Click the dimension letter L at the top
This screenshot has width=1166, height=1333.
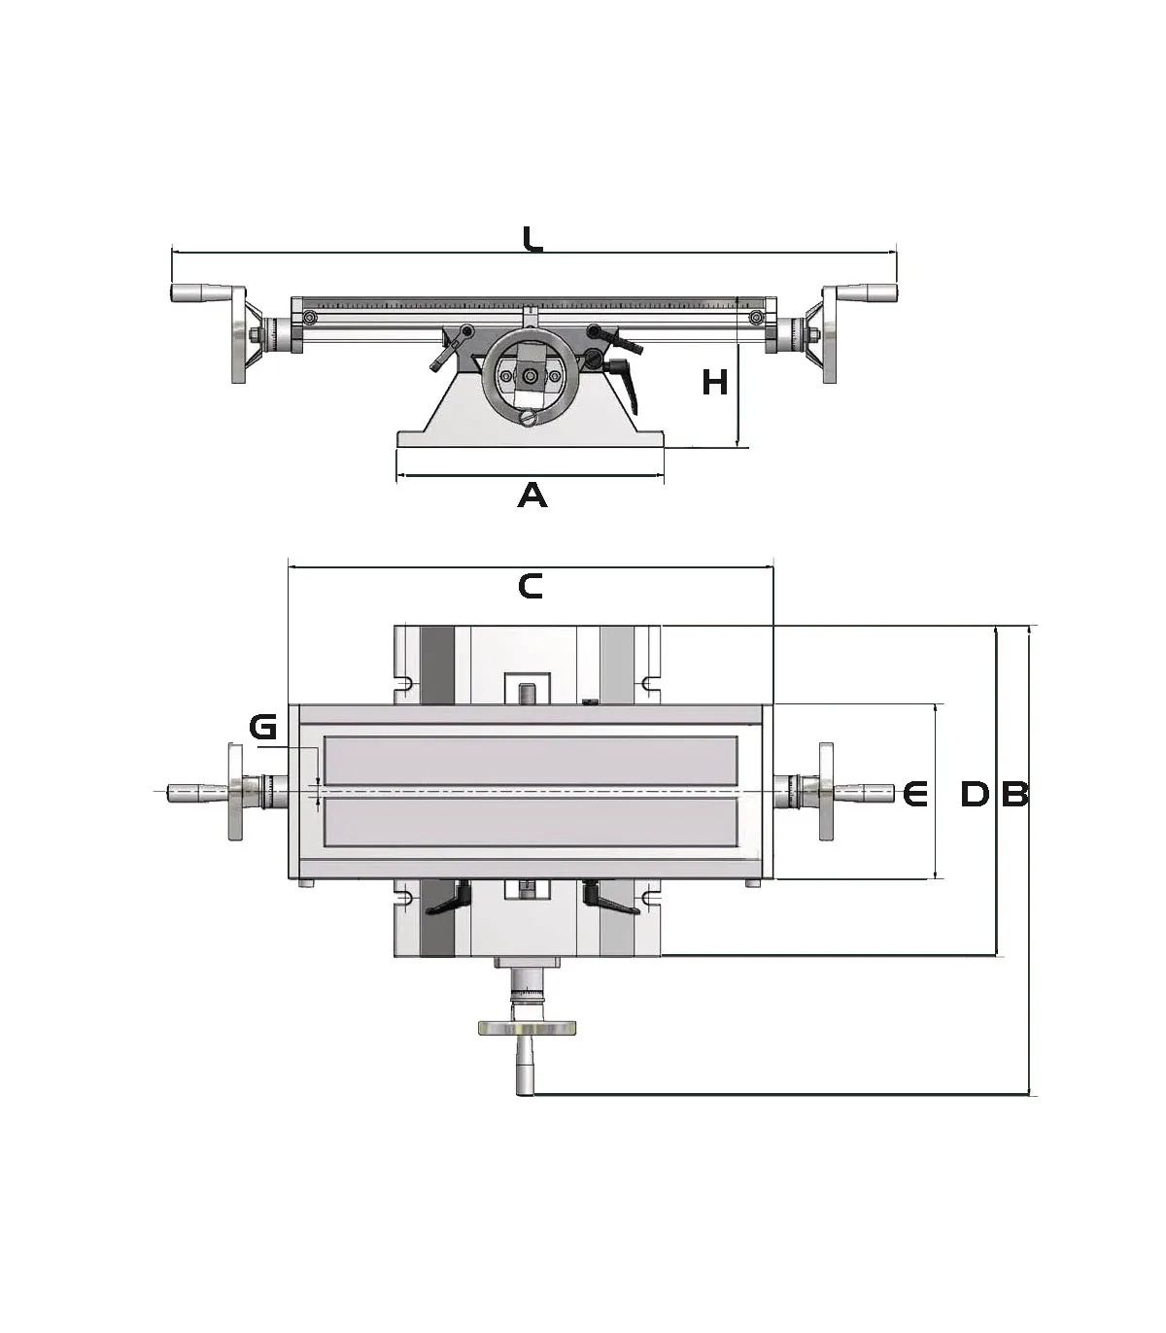click(x=532, y=239)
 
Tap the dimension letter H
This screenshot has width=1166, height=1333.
click(x=715, y=383)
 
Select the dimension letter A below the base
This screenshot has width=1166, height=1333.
click(x=532, y=496)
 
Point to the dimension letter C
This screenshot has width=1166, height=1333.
click(x=531, y=586)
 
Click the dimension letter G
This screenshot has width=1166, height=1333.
click(x=263, y=727)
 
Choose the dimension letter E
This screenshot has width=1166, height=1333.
click(x=915, y=795)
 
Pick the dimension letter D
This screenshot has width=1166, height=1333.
click(x=975, y=795)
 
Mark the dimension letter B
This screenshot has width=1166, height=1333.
click(x=1014, y=795)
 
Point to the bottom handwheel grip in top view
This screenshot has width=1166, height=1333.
click(x=526, y=1067)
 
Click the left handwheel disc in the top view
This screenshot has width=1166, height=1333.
click(x=234, y=792)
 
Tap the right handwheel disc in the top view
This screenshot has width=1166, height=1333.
click(x=827, y=792)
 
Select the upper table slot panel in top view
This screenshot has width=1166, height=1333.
click(x=531, y=761)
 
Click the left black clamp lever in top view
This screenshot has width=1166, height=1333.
click(x=447, y=901)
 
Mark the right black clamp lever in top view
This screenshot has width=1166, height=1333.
click(x=609, y=901)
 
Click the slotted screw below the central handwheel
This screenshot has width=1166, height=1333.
click(x=529, y=419)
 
